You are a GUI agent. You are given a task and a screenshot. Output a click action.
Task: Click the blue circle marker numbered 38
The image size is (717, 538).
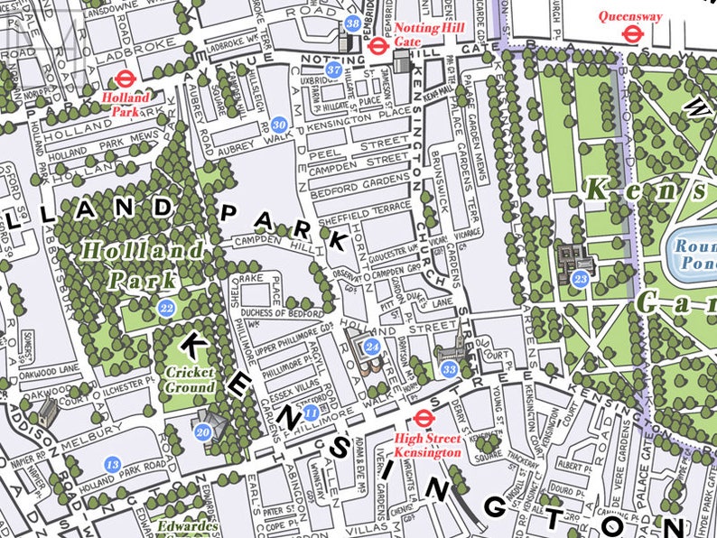352,23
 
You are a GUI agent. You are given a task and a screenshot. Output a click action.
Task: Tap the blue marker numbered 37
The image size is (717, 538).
333,70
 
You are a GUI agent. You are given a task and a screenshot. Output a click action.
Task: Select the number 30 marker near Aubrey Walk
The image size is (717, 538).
280,125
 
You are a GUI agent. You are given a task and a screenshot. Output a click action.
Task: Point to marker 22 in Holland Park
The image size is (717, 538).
166,309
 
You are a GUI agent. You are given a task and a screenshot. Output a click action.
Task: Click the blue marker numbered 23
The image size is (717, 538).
581,280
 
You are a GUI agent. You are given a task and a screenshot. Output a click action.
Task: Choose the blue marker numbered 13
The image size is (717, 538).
112,464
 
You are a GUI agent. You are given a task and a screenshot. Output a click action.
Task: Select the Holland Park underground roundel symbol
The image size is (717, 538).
123,79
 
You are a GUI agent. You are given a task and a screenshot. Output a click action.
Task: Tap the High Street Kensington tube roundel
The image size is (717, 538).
422,417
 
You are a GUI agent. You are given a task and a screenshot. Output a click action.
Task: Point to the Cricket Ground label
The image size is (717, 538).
190,378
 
